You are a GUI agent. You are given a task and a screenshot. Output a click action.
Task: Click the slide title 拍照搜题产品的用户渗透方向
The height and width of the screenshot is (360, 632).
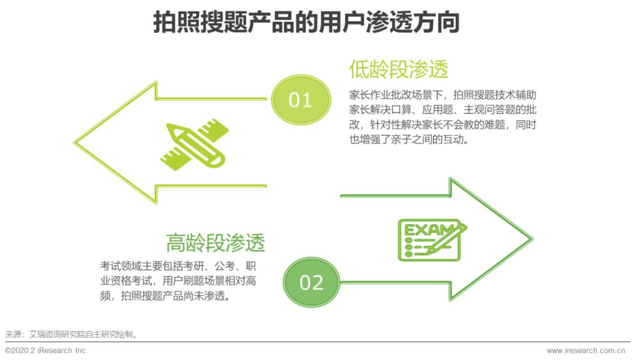[306, 23]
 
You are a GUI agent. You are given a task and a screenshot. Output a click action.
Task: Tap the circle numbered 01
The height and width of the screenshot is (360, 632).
[300, 100]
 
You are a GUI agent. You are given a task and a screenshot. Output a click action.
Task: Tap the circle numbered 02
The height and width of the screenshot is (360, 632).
[311, 283]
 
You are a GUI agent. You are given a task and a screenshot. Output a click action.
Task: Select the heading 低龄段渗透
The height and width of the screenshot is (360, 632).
[399, 69]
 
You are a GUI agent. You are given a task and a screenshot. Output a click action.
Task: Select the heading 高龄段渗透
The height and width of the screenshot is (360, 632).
[215, 242]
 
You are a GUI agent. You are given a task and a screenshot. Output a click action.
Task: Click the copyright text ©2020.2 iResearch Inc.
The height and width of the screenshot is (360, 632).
[46, 350]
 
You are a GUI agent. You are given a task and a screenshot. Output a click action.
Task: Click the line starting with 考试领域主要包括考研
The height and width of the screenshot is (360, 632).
[178, 265]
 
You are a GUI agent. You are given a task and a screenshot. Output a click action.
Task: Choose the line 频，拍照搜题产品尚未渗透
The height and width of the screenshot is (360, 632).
[164, 296]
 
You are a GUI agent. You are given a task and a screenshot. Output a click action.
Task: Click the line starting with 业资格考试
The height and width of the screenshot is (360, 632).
[178, 280]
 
